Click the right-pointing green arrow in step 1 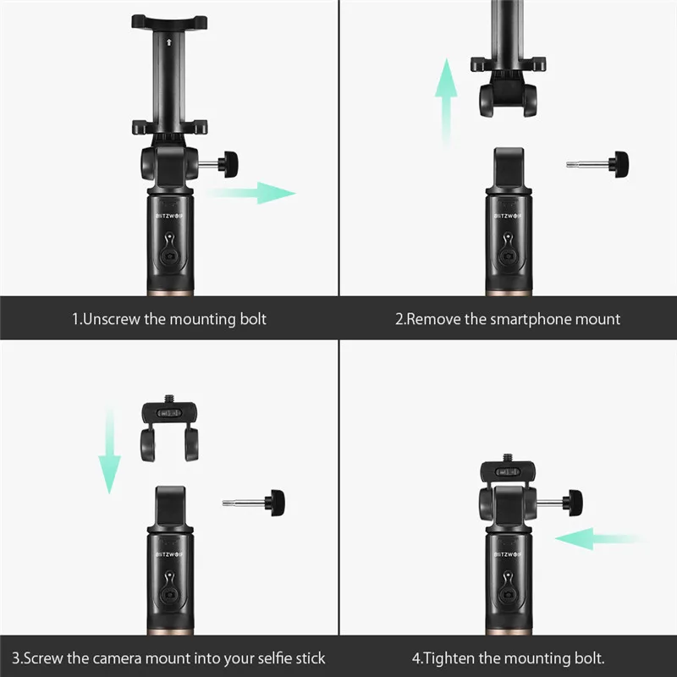click(250, 193)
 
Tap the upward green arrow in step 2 click(446, 102)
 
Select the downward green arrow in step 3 click(110, 450)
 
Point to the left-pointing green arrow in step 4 click(600, 538)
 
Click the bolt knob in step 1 click(228, 164)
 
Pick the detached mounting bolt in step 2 click(597, 164)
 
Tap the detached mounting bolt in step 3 click(253, 503)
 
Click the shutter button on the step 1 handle click(170, 256)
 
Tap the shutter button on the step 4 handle click(509, 595)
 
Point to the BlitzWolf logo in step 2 click(509, 216)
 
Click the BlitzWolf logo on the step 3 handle click(170, 554)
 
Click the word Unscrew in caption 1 click(112, 319)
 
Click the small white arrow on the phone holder click(168, 41)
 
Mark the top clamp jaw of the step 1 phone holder click(169, 22)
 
